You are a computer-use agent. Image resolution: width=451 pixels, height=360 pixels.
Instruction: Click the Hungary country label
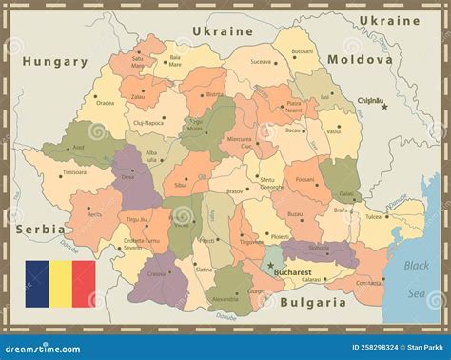pos(55,61)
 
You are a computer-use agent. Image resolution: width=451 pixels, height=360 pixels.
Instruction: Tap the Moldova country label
pos(360,59)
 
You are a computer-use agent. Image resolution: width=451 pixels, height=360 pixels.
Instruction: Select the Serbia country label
pos(40,229)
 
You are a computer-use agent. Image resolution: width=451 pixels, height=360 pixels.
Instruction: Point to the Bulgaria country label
pos(313,302)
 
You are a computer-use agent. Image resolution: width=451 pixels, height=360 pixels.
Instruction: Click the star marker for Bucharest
pos(269,266)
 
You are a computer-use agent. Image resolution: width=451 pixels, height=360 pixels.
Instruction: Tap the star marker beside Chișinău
pos(384,107)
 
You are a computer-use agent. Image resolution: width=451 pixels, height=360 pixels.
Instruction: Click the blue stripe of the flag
pos(36,284)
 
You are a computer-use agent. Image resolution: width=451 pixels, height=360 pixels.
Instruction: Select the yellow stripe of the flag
pos(60,284)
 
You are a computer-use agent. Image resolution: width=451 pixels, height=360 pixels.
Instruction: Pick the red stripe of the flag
pos(84,284)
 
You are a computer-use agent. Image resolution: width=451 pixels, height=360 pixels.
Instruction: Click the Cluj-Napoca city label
pos(148,122)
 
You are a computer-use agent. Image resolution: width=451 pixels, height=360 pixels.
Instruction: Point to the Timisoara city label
pos(74,172)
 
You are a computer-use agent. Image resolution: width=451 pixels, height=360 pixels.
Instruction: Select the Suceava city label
pos(260,61)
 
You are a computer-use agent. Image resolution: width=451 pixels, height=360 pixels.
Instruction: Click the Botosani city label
pos(302,51)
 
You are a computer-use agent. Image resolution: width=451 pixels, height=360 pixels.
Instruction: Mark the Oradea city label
pos(105,103)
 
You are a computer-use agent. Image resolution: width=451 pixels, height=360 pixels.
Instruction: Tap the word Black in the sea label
pos(416,265)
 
